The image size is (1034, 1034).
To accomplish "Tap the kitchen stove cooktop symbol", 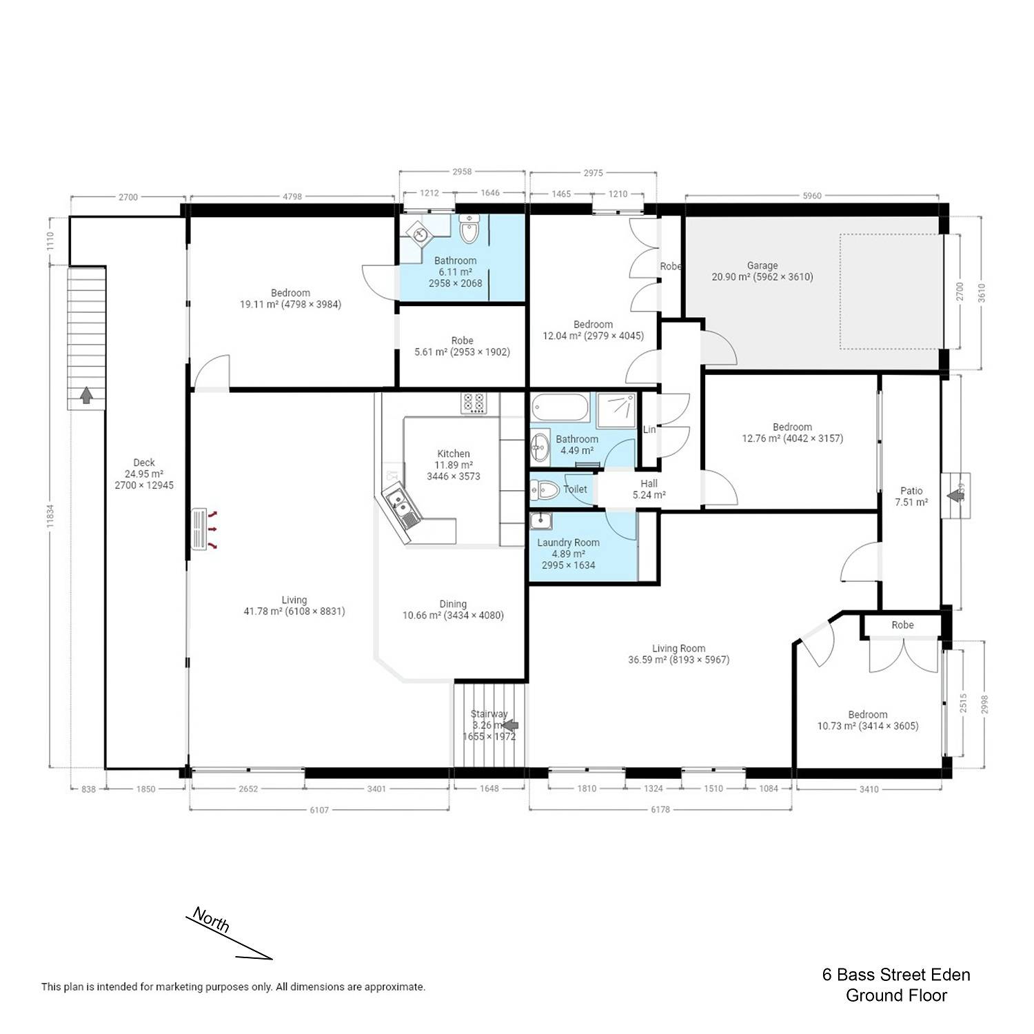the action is point(473,403).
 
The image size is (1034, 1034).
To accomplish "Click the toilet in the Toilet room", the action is point(545,490).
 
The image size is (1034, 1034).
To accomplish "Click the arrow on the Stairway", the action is point(511,725).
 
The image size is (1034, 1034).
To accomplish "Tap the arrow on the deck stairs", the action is point(87,395).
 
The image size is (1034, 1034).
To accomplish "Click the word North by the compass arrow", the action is point(210,920).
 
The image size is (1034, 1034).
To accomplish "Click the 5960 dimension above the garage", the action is point(813,196).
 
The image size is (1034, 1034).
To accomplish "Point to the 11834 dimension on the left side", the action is point(50,515).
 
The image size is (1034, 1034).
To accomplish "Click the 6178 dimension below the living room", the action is point(660,810).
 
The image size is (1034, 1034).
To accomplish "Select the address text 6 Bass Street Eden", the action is point(896,975).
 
